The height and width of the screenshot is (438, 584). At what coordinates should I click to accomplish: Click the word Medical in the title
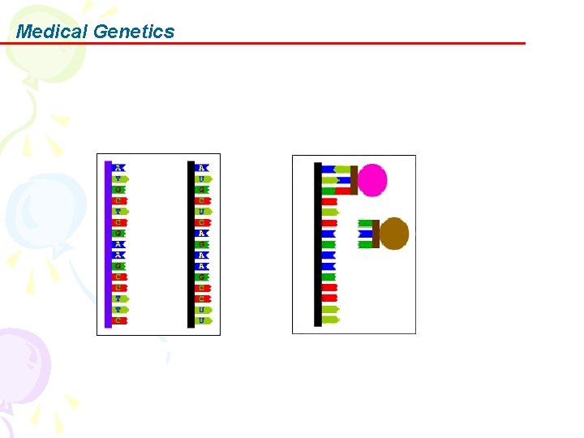[x=52, y=32]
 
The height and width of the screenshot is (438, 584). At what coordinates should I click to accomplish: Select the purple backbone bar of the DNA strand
[x=108, y=243]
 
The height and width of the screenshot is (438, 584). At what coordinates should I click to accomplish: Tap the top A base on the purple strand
[x=119, y=168]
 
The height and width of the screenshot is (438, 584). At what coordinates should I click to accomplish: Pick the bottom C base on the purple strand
[x=119, y=320]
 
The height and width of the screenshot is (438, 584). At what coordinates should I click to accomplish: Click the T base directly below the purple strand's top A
[x=119, y=178]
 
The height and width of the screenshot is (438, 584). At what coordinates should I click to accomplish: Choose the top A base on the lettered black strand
[x=202, y=168]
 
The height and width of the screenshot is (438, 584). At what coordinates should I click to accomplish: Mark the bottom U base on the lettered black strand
[x=202, y=320]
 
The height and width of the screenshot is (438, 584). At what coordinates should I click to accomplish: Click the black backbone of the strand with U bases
[x=191, y=243]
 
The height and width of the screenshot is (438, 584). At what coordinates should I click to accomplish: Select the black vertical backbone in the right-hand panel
[x=318, y=243]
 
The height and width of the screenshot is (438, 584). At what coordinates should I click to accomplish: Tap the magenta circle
[x=372, y=180]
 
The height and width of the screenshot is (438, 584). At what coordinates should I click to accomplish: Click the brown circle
[x=394, y=234]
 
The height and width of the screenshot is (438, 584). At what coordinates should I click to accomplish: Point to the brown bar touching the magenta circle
[x=354, y=180]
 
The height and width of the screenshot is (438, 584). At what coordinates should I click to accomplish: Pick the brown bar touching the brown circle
[x=376, y=234]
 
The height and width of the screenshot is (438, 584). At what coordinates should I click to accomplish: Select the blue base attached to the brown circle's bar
[x=365, y=234]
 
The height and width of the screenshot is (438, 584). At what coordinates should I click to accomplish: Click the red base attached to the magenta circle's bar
[x=342, y=191]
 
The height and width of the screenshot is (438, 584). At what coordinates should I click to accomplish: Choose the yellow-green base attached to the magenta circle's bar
[x=342, y=170]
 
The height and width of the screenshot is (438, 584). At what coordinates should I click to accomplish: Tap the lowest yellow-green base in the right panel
[x=330, y=320]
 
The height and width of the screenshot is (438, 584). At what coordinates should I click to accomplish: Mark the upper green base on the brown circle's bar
[x=365, y=223]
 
